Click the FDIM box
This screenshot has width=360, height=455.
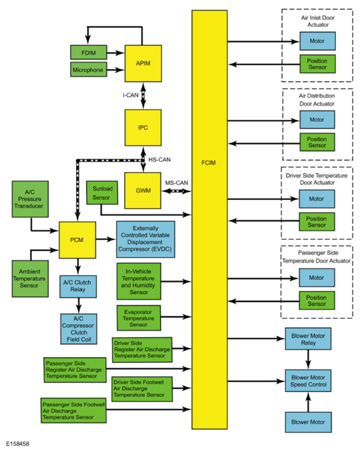[x=89, y=53]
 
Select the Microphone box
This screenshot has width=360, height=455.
[x=89, y=70]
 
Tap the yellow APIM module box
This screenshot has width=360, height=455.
[x=143, y=63]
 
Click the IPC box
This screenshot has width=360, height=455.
[x=143, y=128]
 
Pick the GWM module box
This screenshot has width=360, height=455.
[x=143, y=190]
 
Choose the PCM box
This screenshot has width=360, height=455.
[x=77, y=240]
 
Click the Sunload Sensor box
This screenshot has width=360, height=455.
[x=102, y=193]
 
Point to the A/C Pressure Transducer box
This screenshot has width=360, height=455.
[x=30, y=199]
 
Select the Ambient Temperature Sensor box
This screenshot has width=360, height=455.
[x=30, y=279]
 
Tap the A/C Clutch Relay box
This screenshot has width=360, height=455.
[x=78, y=286]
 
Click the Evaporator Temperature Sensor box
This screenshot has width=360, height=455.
[x=139, y=318]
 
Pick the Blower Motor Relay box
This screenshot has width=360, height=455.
[x=308, y=339]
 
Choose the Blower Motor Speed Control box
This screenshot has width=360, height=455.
[x=308, y=381]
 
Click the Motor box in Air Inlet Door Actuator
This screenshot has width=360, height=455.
[x=318, y=41]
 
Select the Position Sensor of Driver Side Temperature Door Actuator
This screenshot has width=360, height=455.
[x=317, y=222]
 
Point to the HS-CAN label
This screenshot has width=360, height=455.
[x=159, y=159]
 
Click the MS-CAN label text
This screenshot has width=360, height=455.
[x=177, y=183]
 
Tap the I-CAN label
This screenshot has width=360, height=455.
[x=131, y=95]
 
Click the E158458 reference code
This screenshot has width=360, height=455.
[x=17, y=444]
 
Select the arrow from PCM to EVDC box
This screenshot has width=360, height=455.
[x=106, y=239]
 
